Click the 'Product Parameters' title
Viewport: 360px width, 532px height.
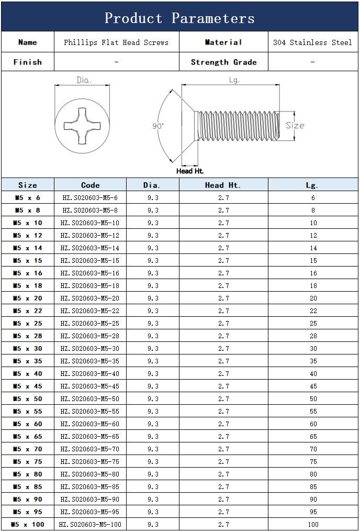[x=179, y=18]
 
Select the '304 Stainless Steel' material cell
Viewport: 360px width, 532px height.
[x=312, y=42]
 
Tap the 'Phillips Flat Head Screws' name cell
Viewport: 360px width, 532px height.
[x=116, y=42]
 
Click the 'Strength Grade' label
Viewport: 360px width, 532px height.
[x=223, y=62]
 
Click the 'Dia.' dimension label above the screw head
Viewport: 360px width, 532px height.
[x=84, y=80]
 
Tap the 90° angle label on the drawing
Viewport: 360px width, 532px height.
[x=158, y=126]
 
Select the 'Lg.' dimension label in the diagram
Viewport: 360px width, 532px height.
[x=234, y=80]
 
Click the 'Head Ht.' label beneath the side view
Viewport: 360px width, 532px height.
[x=190, y=171]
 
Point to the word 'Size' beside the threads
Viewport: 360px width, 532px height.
[x=295, y=126]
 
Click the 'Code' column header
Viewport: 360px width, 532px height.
[x=90, y=185]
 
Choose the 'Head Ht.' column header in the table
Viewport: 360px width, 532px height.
[x=223, y=185]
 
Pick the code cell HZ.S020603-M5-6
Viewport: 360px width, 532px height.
[x=90, y=197]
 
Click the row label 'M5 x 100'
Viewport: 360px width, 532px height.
[x=28, y=524]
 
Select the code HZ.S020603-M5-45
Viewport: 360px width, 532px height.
[x=90, y=386]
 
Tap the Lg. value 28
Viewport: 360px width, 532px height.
[x=313, y=336]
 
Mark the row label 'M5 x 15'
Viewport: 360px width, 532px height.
[x=28, y=260]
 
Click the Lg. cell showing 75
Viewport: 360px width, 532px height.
[x=313, y=461]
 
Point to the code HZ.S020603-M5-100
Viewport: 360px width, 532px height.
[x=90, y=524]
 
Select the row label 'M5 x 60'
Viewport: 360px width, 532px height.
[x=28, y=424]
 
